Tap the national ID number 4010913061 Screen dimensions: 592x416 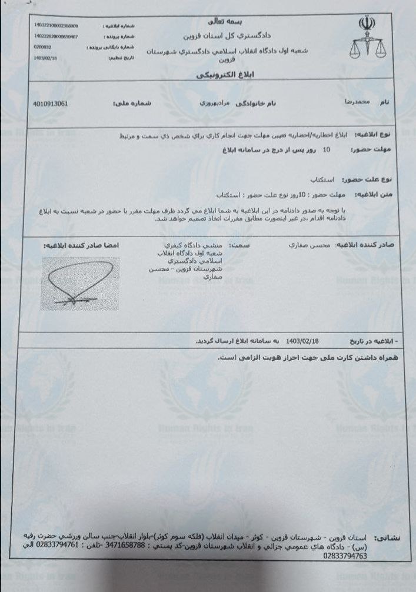click(52, 103)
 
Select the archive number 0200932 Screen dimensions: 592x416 click(44, 46)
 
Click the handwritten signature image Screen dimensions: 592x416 click(79, 283)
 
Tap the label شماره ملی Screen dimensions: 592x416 click(129, 103)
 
